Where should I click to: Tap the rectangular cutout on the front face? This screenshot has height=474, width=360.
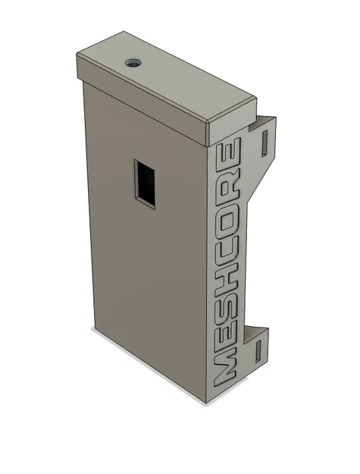[146, 183]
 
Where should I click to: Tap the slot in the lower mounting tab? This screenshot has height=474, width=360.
[258, 350]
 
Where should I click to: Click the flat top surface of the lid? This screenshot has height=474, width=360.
[167, 76]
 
